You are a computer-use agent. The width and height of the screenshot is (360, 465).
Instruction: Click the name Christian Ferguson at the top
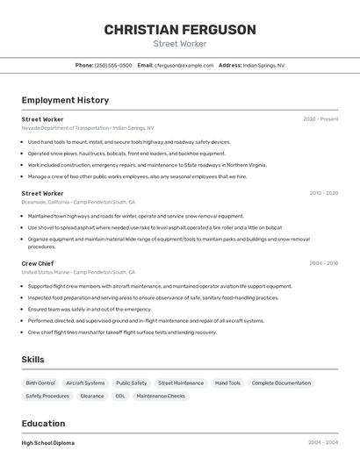(180, 30)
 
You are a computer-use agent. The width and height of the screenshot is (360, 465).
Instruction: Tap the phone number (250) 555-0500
(113, 65)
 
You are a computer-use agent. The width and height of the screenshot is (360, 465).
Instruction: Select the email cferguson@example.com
(184, 65)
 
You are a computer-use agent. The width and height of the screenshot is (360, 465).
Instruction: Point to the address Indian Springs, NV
(263, 65)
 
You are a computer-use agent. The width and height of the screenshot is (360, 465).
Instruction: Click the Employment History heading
(65, 100)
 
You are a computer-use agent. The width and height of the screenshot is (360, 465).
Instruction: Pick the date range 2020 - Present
(320, 118)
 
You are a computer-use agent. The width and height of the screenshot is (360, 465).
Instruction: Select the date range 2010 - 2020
(323, 193)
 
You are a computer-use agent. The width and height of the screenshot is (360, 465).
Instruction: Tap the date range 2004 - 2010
(323, 263)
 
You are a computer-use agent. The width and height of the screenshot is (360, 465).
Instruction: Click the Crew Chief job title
(38, 263)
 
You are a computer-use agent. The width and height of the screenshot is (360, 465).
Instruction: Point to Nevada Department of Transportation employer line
(87, 127)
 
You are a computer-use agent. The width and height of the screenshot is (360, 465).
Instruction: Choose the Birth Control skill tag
(40, 383)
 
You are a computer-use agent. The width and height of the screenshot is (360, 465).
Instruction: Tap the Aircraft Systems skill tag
(85, 383)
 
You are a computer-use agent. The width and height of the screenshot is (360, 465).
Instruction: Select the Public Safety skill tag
(132, 383)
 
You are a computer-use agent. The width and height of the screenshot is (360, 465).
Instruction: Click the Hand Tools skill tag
(227, 383)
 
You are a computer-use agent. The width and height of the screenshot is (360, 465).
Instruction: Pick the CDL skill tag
(119, 396)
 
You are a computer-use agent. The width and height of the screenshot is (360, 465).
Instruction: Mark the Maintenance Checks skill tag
(161, 396)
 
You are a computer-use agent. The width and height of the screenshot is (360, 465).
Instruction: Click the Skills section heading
(32, 360)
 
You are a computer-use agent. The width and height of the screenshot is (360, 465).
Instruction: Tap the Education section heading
(43, 423)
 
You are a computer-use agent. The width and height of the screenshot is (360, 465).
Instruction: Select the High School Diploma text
(48, 443)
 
